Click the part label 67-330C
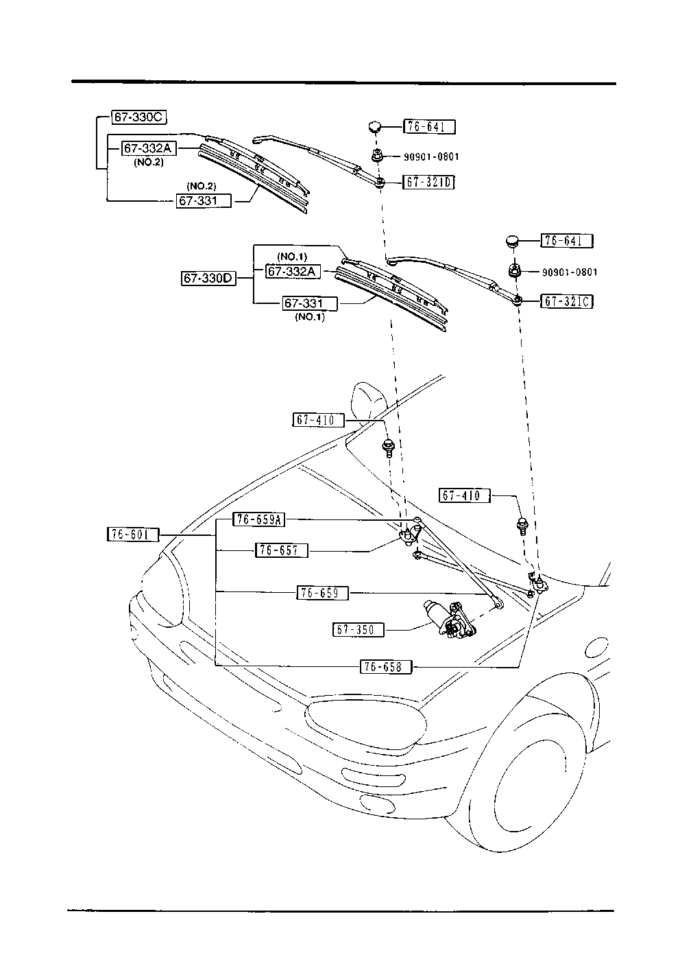(x=138, y=117)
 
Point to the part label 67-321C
(x=567, y=301)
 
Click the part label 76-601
(x=133, y=535)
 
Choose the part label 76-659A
(x=258, y=519)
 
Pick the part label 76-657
(x=282, y=550)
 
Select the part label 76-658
(x=386, y=666)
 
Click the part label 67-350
(x=359, y=629)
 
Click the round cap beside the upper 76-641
(x=374, y=126)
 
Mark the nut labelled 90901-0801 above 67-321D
(x=377, y=156)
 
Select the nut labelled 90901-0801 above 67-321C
(x=514, y=270)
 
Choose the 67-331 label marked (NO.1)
(x=311, y=303)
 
